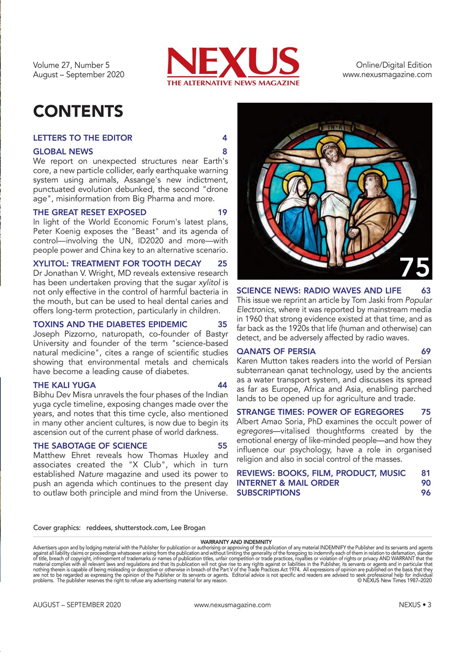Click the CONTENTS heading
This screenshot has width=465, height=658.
78,111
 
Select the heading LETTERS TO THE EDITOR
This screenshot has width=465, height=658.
83,138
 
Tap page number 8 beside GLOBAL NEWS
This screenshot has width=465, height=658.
225,152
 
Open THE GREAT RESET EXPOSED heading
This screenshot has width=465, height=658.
89,212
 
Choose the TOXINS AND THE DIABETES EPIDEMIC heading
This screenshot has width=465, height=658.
110,324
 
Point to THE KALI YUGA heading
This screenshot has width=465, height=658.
64,385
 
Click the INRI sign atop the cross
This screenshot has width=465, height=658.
334,125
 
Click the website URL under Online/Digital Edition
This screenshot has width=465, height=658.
387,75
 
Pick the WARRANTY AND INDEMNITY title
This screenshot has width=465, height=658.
233,541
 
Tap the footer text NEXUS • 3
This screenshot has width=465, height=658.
415,605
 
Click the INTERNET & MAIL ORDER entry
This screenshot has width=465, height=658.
288,483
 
